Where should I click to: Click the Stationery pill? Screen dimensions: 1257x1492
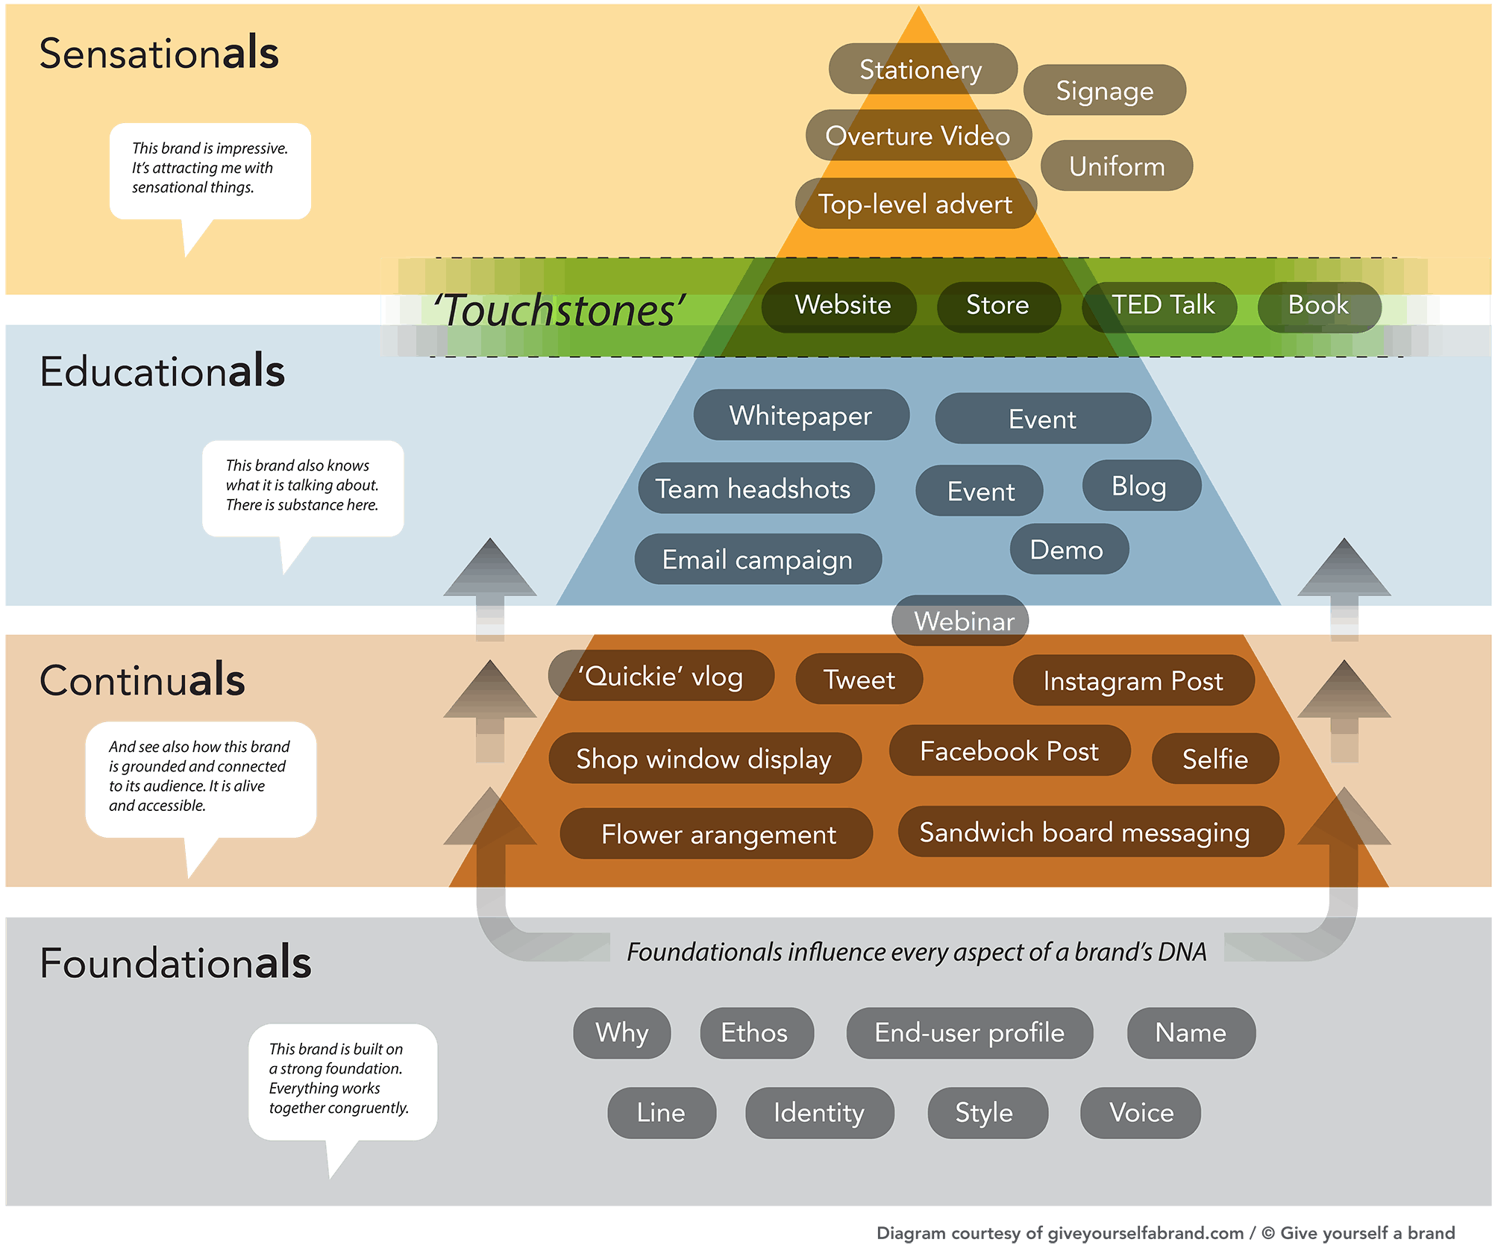(x=922, y=69)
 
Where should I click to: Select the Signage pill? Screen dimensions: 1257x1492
(x=1104, y=90)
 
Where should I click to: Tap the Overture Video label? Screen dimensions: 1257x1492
(x=918, y=136)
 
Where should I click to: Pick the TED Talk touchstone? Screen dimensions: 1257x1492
(x=1161, y=306)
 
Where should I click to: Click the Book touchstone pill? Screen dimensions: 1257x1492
(x=1318, y=306)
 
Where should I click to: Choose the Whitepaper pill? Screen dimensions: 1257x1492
(x=800, y=416)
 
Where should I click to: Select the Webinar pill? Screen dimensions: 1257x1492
(x=962, y=621)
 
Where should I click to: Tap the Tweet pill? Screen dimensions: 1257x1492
(x=859, y=679)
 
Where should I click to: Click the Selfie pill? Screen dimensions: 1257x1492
(x=1215, y=759)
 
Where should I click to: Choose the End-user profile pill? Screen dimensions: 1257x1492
(x=969, y=1033)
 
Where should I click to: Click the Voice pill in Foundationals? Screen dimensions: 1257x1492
(x=1141, y=1113)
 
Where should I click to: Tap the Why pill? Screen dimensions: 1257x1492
(x=621, y=1033)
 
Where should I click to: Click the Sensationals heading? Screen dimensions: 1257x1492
(x=159, y=53)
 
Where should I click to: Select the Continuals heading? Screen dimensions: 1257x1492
(x=142, y=680)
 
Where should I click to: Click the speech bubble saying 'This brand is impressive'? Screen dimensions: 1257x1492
(x=210, y=170)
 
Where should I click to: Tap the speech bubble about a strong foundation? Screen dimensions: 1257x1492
(x=342, y=1081)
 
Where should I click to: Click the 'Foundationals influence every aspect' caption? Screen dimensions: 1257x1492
(x=916, y=952)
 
